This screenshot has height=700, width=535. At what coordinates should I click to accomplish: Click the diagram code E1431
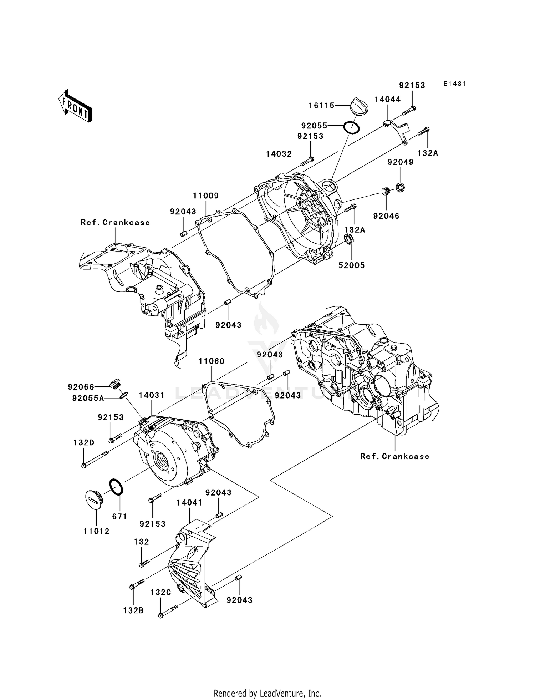[454, 84]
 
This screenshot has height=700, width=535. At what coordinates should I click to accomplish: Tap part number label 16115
[322, 105]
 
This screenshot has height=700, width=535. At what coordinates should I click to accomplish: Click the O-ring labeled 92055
[351, 127]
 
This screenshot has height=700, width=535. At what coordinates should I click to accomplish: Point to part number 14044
[387, 100]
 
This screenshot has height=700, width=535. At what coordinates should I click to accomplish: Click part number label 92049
[401, 162]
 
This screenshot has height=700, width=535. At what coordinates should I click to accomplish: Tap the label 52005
[352, 265]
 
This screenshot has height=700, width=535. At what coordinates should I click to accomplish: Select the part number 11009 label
[206, 196]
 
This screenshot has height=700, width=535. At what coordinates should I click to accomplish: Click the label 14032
[279, 154]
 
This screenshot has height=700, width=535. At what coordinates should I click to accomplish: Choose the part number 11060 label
[212, 361]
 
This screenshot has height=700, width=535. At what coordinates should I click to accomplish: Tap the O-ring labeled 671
[116, 487]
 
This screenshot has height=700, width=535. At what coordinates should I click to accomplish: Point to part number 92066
[81, 387]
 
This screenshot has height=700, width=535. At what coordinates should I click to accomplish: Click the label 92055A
[88, 399]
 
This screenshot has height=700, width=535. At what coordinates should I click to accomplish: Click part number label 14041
[189, 503]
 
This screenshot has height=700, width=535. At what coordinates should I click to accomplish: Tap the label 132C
[161, 593]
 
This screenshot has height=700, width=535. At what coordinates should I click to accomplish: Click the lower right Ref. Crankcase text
[394, 457]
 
